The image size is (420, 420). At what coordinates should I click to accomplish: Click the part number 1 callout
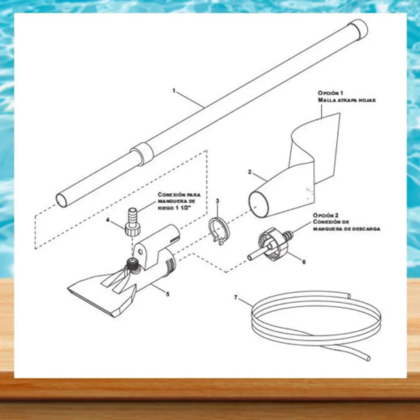[x=174, y=91]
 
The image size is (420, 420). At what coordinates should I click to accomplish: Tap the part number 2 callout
[x=250, y=172]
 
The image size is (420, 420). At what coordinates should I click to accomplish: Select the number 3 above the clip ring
[x=217, y=201]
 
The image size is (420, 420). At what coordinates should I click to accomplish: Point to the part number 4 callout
[x=108, y=220]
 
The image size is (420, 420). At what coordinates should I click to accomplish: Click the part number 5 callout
[x=168, y=294]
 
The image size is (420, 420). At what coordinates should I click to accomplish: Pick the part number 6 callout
[x=304, y=262]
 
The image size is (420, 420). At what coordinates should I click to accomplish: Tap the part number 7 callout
[x=236, y=297]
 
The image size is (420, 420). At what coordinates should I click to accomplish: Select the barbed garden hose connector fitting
[x=133, y=221]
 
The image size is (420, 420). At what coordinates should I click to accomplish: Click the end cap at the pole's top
[x=359, y=28]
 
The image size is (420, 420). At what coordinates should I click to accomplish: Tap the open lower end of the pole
[x=63, y=200]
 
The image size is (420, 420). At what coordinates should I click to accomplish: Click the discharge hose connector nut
[x=271, y=244]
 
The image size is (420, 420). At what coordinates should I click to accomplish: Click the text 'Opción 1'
[x=330, y=93]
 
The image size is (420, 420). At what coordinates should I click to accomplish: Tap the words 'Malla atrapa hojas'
[x=346, y=100]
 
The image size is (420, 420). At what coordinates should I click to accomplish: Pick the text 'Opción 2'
[x=325, y=215]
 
